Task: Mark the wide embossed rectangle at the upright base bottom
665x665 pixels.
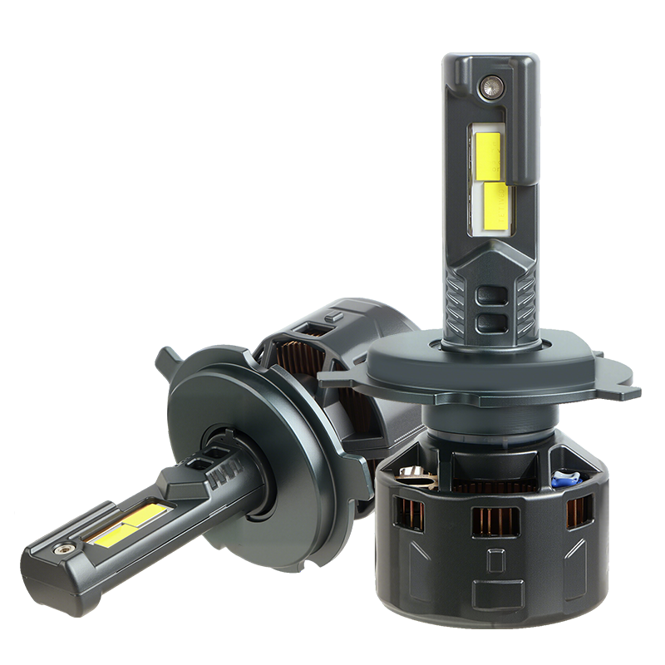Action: [495, 594]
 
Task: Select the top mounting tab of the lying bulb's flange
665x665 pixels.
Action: [168, 362]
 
